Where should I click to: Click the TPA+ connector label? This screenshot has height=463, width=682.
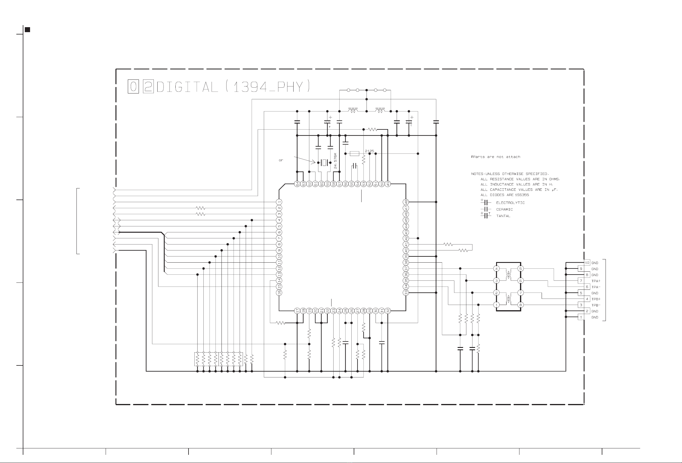(596, 281)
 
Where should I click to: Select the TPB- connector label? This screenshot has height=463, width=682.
(596, 305)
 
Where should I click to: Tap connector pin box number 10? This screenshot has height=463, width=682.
(587, 263)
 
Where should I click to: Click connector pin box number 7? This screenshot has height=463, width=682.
(581, 281)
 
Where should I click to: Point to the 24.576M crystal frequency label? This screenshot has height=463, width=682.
(335, 160)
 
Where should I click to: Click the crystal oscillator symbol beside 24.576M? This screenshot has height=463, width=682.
(324, 162)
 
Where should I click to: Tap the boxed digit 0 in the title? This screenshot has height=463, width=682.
(133, 87)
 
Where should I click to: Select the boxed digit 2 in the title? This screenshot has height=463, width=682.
(149, 87)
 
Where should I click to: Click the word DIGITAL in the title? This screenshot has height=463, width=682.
(188, 87)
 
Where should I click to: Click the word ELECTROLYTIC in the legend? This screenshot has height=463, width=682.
(510, 203)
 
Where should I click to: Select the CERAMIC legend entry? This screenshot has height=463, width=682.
(505, 209)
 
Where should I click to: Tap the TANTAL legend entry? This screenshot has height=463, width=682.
(503, 216)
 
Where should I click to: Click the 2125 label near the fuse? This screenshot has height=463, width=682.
(369, 151)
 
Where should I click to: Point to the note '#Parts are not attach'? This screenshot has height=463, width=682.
(495, 157)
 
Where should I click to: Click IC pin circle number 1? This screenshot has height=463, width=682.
(280, 202)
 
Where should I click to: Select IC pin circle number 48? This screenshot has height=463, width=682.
(406, 202)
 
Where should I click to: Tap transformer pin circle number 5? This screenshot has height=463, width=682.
(521, 268)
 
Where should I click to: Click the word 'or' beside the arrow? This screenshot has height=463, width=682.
(281, 160)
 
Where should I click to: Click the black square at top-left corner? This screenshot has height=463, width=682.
(27, 30)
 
